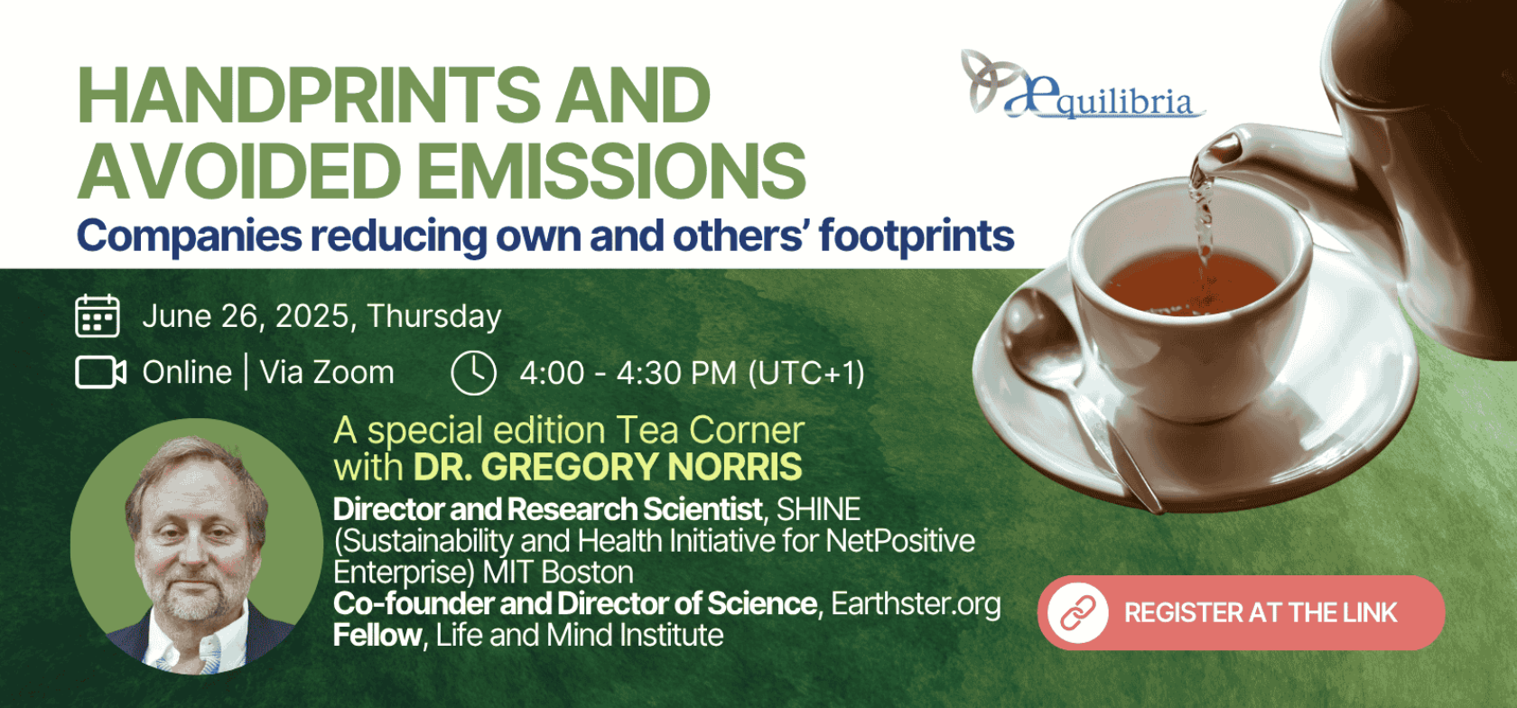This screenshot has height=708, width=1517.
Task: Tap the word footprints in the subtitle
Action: (917, 237)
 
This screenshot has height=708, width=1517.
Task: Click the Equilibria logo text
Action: (1103, 98)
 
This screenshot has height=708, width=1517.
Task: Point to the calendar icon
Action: (98, 316)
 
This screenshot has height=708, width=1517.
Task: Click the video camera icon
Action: (100, 372)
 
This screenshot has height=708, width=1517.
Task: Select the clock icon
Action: (473, 373)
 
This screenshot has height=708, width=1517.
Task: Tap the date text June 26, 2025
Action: (246, 316)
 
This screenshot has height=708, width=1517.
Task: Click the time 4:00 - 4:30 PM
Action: (628, 373)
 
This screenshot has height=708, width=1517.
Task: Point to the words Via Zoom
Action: (327, 373)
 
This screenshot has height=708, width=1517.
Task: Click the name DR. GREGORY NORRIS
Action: (608, 467)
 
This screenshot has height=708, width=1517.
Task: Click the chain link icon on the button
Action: (1077, 612)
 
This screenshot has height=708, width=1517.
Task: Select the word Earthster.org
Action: (916, 603)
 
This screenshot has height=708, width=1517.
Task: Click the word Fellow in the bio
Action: (377, 635)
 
